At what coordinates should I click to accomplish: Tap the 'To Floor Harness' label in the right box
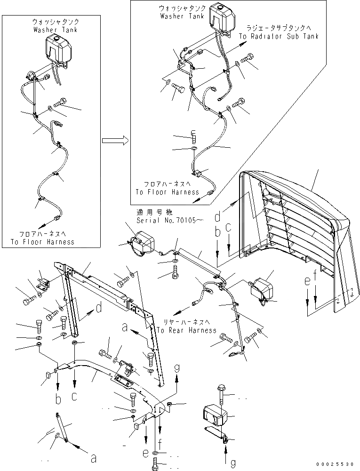click(x=167, y=192)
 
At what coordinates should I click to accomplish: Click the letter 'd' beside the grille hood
click(x=217, y=218)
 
